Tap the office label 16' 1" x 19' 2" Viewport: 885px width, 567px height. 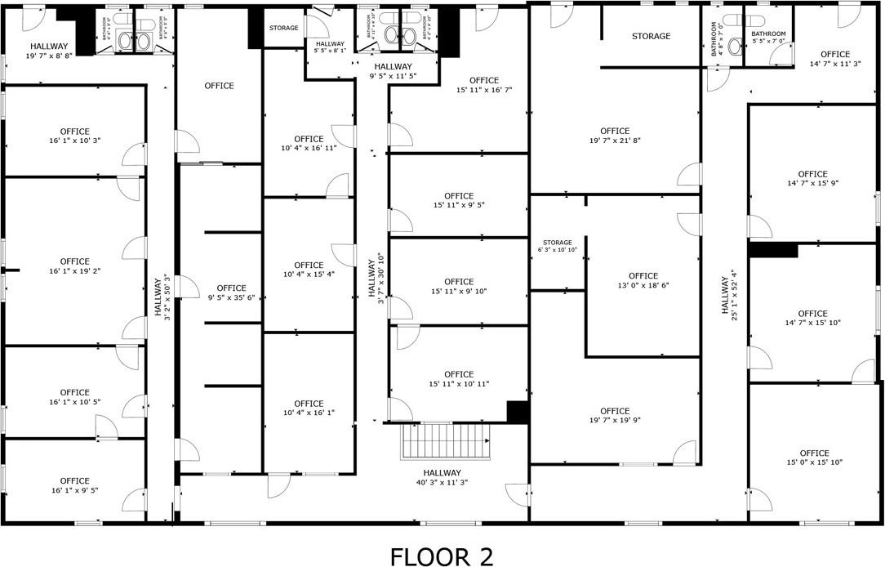75,266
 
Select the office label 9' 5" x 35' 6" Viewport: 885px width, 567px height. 232,292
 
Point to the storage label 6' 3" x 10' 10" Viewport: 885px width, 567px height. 558,246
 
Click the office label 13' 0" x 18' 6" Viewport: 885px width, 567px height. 643,281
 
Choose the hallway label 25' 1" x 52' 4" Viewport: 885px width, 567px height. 729,295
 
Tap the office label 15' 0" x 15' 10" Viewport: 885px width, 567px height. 814,458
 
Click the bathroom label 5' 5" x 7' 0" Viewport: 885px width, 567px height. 768,37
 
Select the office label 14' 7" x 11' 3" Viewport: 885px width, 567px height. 834,59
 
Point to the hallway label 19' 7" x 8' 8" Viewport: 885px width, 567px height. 49,51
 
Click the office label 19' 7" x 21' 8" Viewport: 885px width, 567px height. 615,136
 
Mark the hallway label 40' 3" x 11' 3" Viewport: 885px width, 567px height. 442,477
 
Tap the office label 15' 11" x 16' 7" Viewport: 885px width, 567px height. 483,85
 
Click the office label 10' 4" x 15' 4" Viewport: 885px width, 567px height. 309,270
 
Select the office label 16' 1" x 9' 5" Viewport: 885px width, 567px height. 75,485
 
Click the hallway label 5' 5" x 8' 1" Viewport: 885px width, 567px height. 330,47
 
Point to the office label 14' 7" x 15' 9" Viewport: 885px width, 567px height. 812,179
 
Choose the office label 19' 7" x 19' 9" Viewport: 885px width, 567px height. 615,416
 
